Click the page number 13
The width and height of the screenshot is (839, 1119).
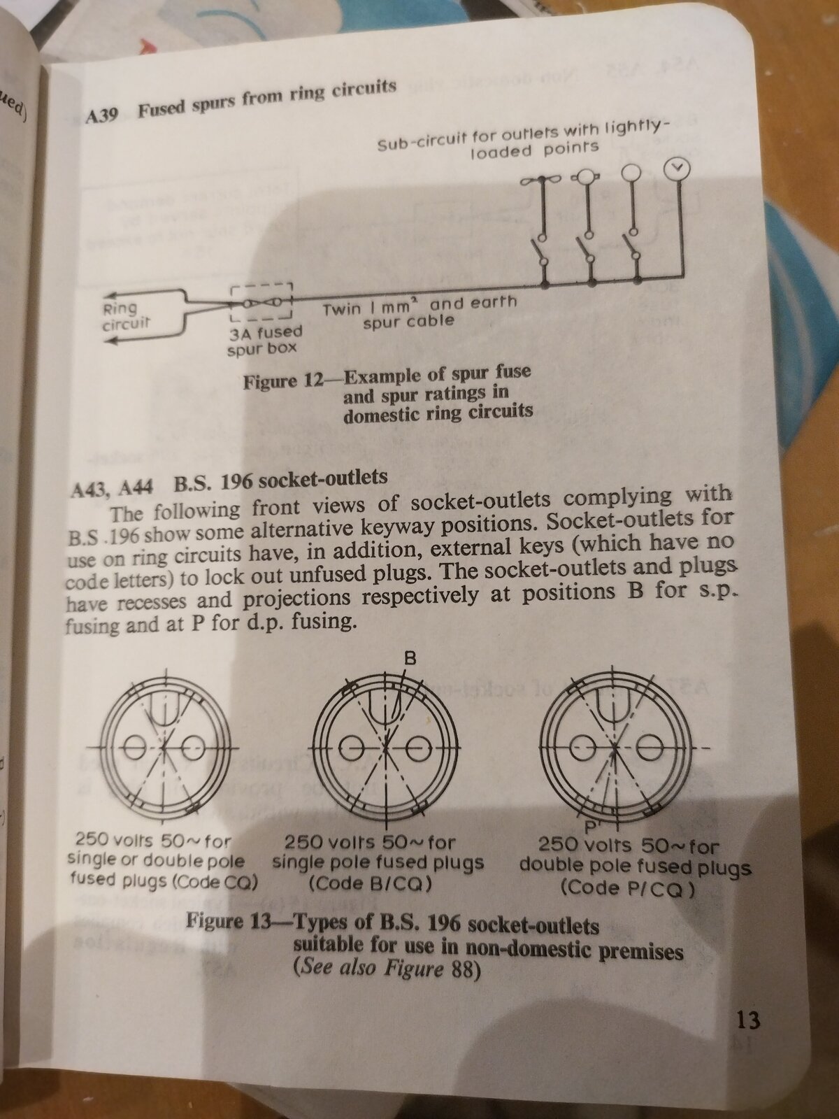coord(747,1019)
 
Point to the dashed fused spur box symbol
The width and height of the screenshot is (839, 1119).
coord(260,301)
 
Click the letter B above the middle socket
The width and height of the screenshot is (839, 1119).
coord(410,657)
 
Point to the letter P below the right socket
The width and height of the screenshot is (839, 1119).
coord(591,826)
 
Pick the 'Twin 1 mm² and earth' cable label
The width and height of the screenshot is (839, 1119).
coord(419,306)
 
